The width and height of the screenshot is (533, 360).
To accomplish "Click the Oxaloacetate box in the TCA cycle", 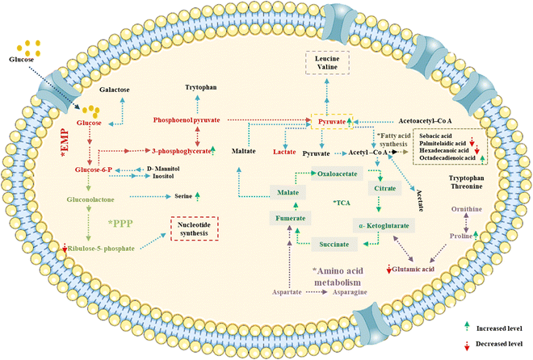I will pyautogui.click(x=338, y=174).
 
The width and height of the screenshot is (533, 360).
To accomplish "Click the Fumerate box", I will pyautogui.click(x=288, y=216).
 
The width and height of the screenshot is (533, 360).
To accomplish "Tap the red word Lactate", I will pyautogui.click(x=283, y=151).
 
